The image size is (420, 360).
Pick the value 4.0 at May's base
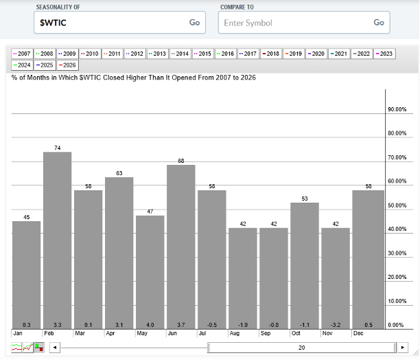coord(150,324)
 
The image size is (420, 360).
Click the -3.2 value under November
coord(335,324)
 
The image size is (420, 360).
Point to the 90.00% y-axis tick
coord(397,109)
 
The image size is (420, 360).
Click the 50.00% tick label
coord(397,205)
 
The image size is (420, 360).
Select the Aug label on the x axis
coord(234,333)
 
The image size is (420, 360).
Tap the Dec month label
coord(358,333)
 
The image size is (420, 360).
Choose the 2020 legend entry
coord(316,53)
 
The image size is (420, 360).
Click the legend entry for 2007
coord(22,53)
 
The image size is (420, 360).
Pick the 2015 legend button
coord(202,53)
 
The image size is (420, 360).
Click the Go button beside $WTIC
coord(195,22)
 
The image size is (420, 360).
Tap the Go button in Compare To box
coord(379,22)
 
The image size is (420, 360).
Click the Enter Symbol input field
coord(295,23)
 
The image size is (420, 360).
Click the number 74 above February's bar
coord(57,148)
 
